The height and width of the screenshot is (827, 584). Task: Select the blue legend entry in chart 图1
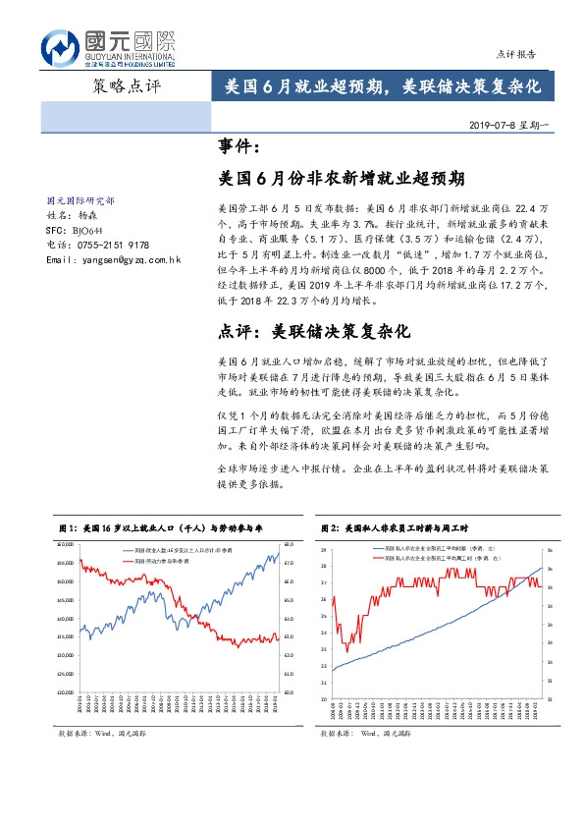click(162, 550)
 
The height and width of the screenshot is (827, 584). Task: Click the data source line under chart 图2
click(365, 733)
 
